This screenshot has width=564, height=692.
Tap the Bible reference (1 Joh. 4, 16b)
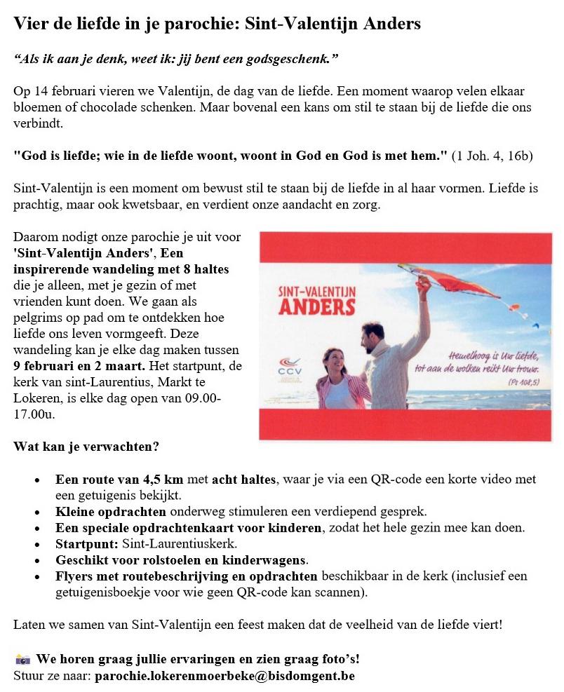pos(492,156)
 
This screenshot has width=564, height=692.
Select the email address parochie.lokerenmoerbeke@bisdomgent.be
pos(224,676)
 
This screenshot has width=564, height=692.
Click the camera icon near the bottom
pos(22,660)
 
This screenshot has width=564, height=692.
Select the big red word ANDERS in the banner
pos(317,306)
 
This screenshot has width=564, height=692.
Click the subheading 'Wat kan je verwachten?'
pos(86,446)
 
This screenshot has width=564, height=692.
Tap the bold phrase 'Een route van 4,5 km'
pos(119,480)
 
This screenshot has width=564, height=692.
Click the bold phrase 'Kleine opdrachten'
pos(111,511)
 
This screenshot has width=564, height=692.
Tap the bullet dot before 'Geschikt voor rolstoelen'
pos(37,560)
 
